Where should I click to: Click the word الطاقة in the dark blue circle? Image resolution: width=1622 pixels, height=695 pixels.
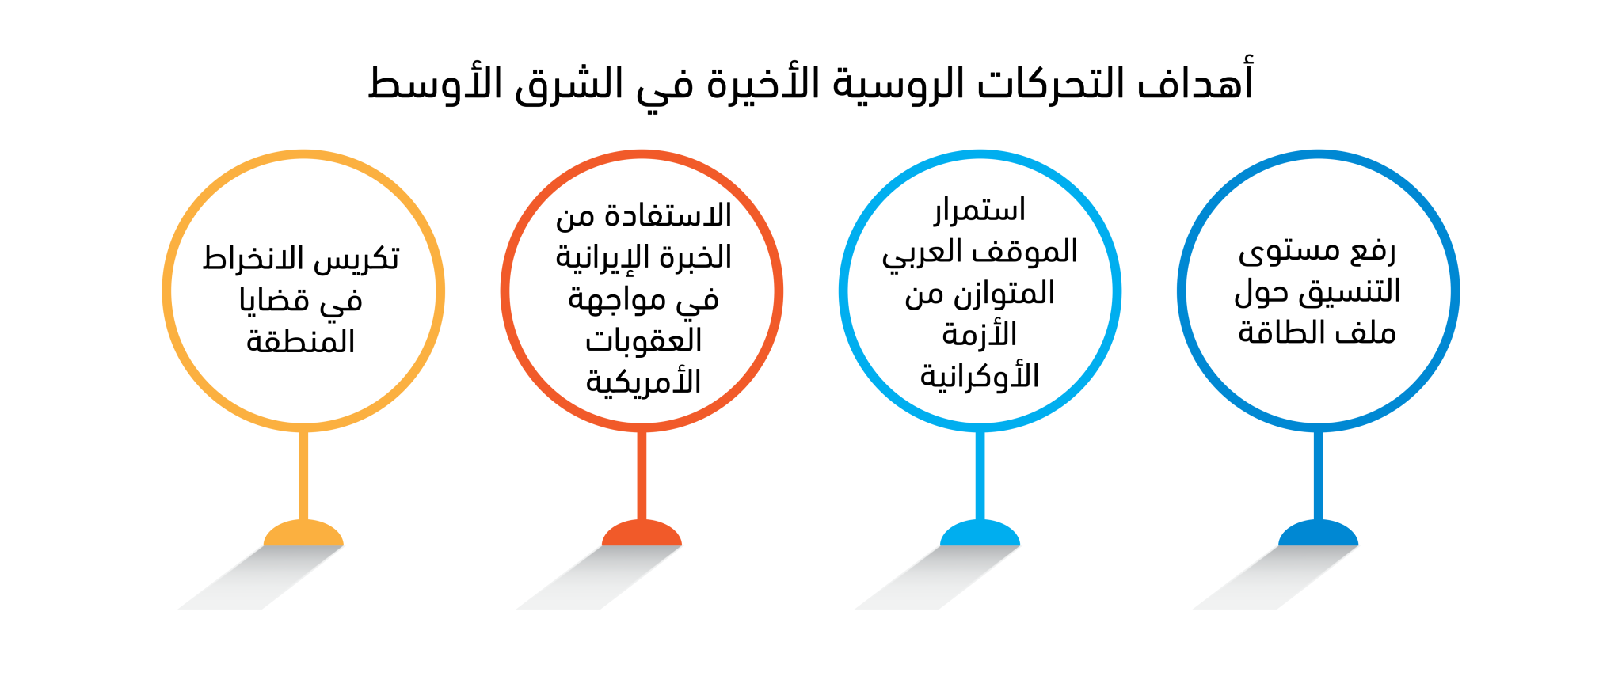pos(1277,332)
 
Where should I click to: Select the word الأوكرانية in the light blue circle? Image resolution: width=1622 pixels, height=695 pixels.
pos(980,375)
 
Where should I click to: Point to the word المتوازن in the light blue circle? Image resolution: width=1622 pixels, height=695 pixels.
pos(1005,294)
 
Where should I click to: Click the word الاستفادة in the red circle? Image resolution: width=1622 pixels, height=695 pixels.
pos(668,215)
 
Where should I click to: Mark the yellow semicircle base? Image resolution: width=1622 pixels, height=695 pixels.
pos(303,534)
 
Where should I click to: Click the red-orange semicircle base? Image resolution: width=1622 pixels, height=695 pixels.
pos(642,534)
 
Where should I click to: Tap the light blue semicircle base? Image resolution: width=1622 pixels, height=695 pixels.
pos(980,534)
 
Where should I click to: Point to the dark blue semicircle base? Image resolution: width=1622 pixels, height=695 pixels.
pos(1318,534)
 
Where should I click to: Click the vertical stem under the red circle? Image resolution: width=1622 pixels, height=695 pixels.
pos(642,476)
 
